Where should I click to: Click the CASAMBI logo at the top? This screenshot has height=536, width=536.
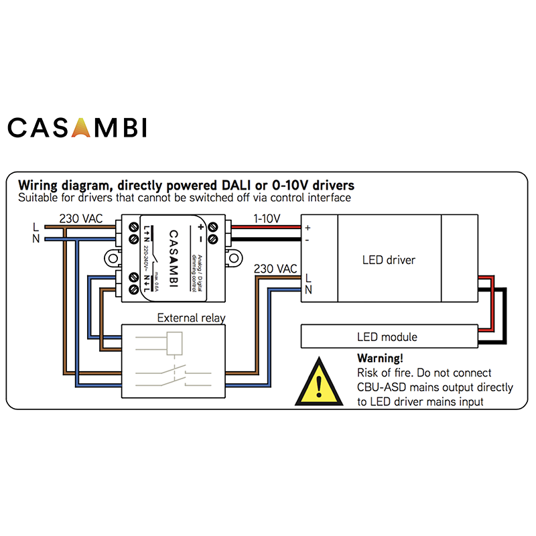pos(77,127)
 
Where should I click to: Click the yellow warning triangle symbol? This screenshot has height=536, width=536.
pos(319,383)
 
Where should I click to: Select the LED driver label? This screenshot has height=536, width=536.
pos(389,259)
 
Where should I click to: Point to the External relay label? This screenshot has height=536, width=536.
pos(191,318)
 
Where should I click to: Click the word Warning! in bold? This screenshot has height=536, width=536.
pos(380,358)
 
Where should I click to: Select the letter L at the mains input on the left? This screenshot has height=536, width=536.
pos(35,227)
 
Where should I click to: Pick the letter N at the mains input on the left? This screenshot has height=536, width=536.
pos(35,239)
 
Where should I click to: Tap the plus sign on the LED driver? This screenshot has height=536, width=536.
pos(308,228)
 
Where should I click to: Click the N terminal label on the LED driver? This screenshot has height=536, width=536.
pos(308,289)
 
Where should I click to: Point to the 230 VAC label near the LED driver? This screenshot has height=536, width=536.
pos(275,269)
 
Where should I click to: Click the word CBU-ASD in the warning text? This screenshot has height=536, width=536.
pos(379,387)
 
